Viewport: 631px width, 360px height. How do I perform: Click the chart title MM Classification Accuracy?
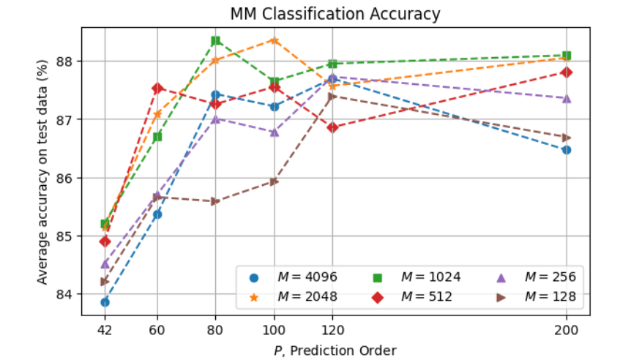coord(335,13)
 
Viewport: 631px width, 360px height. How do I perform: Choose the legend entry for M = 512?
coord(411,296)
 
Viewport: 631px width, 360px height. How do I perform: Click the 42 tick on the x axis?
coord(105,330)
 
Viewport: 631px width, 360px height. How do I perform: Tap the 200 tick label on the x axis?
coord(566,330)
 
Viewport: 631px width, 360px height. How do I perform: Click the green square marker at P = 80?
coord(216,41)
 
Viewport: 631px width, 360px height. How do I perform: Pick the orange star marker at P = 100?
coord(275,40)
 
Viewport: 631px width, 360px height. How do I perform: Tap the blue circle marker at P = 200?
coord(566,150)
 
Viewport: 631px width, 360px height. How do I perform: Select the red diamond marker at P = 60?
coord(157,89)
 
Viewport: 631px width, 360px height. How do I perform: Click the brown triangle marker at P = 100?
coord(275,181)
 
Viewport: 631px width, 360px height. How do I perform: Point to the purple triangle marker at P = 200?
coord(566,98)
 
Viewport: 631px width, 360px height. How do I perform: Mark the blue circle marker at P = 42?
coord(105,302)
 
